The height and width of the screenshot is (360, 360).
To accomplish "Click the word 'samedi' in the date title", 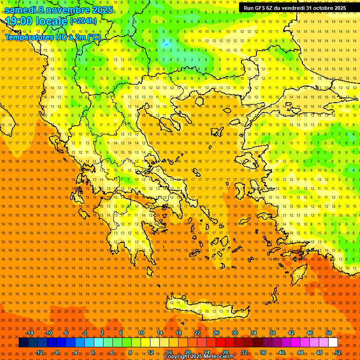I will (22, 10).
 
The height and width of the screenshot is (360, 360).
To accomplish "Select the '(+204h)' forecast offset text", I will (83, 21).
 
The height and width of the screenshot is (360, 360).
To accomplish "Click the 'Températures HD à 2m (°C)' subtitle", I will (53, 37).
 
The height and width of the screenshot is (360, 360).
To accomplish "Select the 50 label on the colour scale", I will (328, 333).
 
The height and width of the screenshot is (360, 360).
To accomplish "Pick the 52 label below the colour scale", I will (338, 352).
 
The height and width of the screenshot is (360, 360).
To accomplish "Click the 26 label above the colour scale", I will (216, 333).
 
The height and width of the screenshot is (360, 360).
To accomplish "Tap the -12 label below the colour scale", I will (39, 352).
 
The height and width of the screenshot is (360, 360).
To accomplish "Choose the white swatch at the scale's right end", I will (333, 343).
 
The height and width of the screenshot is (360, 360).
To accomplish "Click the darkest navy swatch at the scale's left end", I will (23, 343).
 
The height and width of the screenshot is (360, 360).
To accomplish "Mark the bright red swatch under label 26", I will (220, 343).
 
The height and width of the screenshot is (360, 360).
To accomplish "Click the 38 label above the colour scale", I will (272, 333).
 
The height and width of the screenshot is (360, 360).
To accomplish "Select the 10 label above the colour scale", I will (141, 333).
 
